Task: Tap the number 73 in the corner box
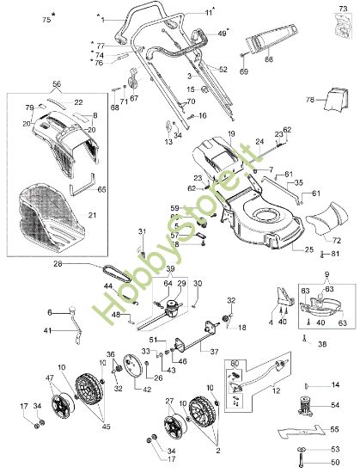pyautogui.click(x=344, y=9)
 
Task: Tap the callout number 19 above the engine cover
pyautogui.click(x=230, y=133)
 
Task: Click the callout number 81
pyautogui.click(x=334, y=253)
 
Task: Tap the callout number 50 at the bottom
pyautogui.click(x=335, y=463)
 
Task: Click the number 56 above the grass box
pyautogui.click(x=57, y=84)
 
